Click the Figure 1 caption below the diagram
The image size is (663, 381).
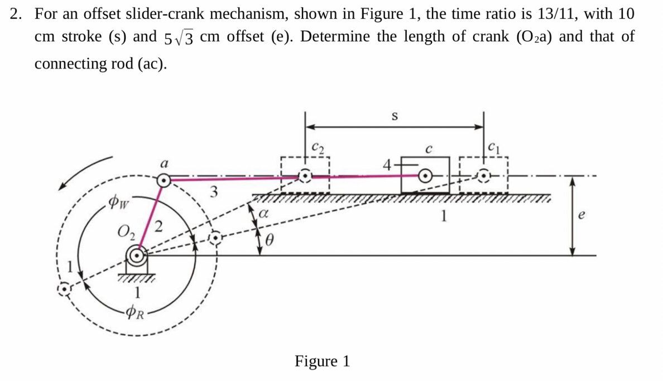tap(322, 361)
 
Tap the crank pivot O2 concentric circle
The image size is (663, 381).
tap(136, 255)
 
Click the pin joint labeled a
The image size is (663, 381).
tap(164, 180)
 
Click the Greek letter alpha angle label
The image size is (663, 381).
tap(266, 212)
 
